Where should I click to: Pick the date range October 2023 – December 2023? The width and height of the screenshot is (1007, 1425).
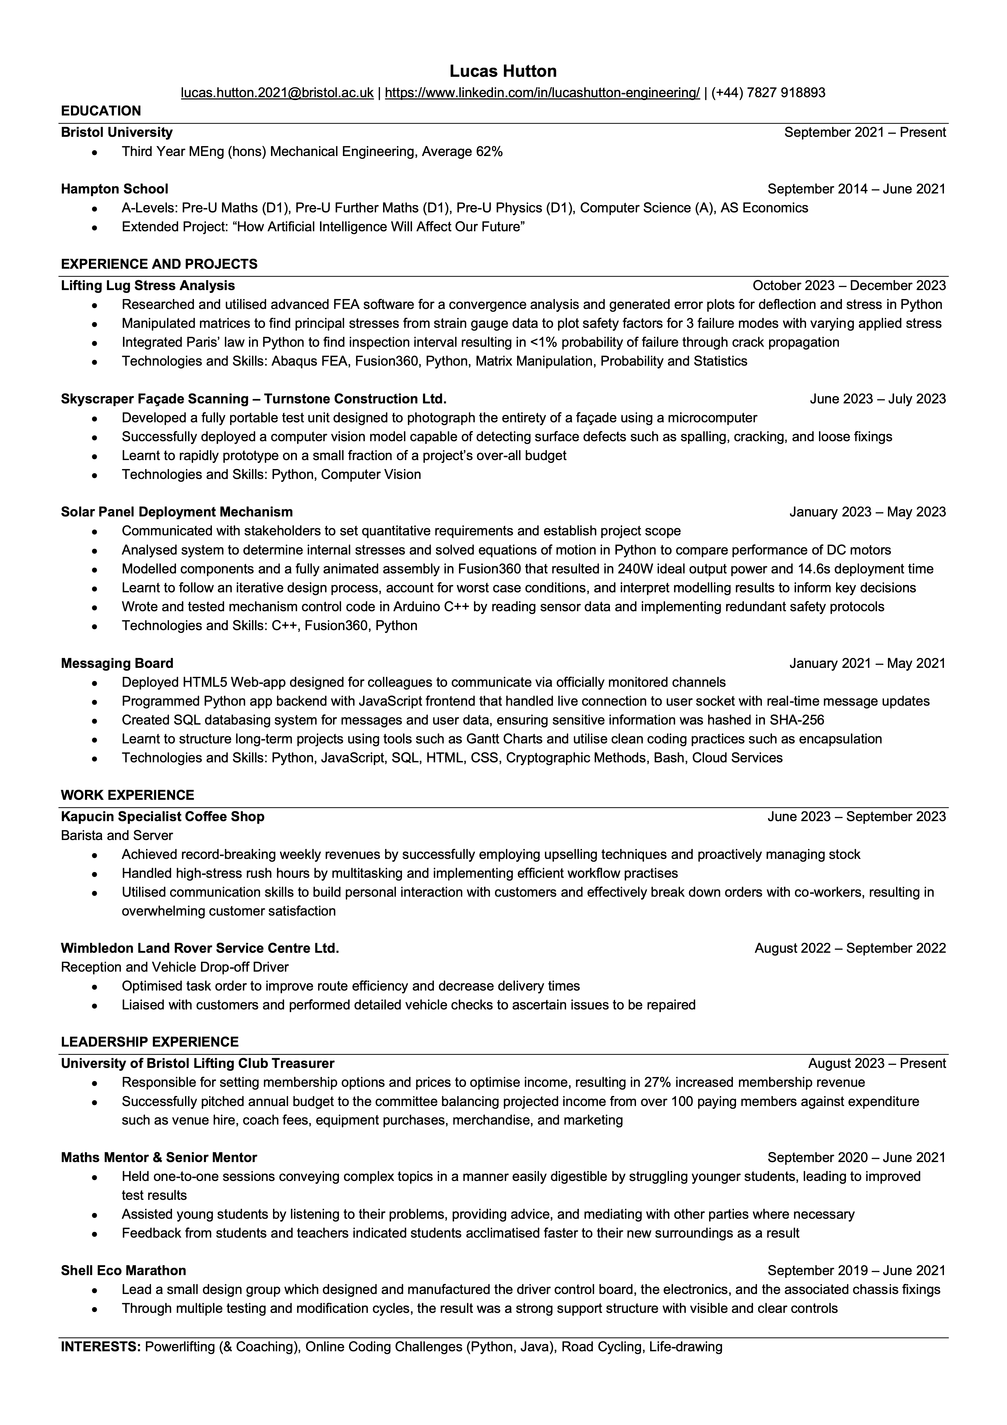pos(849,285)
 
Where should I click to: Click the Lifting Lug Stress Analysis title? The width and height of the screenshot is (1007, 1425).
pos(148,285)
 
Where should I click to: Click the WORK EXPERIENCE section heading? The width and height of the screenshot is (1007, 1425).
pos(127,795)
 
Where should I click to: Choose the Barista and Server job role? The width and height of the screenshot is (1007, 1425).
pos(117,835)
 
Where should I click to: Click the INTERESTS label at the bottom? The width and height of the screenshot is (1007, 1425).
pos(100,1347)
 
